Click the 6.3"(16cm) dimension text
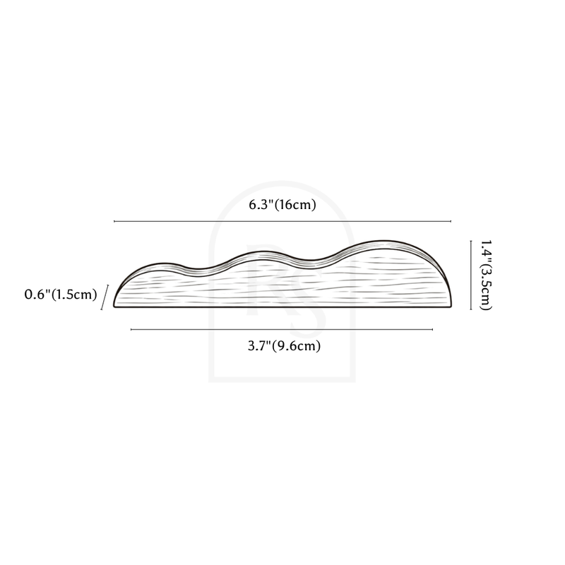point(282,205)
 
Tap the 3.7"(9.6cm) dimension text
point(285,346)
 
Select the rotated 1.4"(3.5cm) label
point(485,275)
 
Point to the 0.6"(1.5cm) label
point(61,295)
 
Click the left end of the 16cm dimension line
point(114,221)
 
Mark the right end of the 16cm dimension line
point(451,221)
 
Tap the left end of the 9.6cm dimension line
point(131,329)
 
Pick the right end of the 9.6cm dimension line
point(432,329)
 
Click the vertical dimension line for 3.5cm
point(471,275)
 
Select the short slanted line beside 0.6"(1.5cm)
point(105,297)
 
